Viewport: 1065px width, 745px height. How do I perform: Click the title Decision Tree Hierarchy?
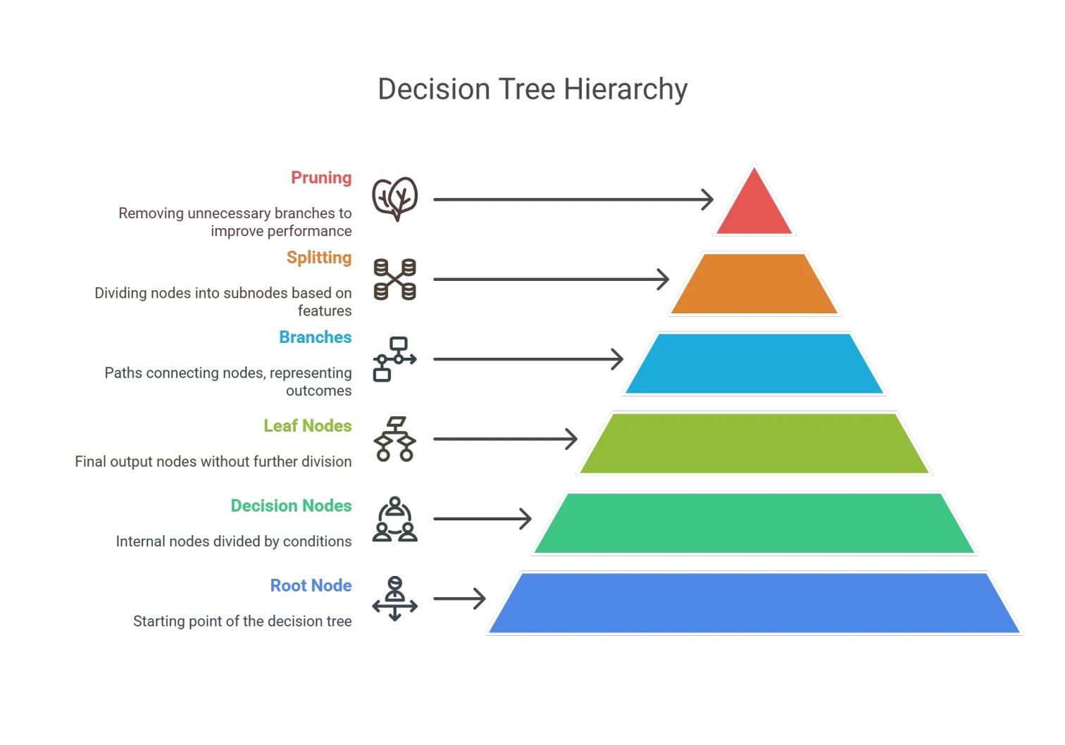coord(532,89)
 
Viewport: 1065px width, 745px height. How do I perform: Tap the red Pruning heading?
coord(321,177)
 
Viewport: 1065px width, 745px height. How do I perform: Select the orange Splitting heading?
coord(319,258)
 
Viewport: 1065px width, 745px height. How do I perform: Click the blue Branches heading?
coord(316,337)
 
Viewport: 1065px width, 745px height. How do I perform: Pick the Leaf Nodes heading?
coord(308,426)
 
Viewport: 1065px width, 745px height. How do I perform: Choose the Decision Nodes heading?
coord(292,506)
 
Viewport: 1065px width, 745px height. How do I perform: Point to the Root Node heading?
coord(311,586)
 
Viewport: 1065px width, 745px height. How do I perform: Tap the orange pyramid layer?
coord(754,284)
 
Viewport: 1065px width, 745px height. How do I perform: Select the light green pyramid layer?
coord(754,443)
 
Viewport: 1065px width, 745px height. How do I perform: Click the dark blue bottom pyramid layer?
coord(754,603)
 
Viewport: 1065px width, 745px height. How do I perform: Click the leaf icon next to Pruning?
coord(395,199)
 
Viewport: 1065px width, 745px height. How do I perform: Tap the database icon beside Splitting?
coord(394,280)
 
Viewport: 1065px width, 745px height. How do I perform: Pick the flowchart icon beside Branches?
coord(394,359)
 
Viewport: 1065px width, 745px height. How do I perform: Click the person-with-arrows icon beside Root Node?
coord(394,599)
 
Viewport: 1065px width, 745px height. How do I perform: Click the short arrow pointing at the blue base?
coord(459,599)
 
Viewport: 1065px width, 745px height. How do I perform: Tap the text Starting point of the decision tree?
coord(242,621)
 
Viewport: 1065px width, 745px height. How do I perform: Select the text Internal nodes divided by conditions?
coord(234,541)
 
